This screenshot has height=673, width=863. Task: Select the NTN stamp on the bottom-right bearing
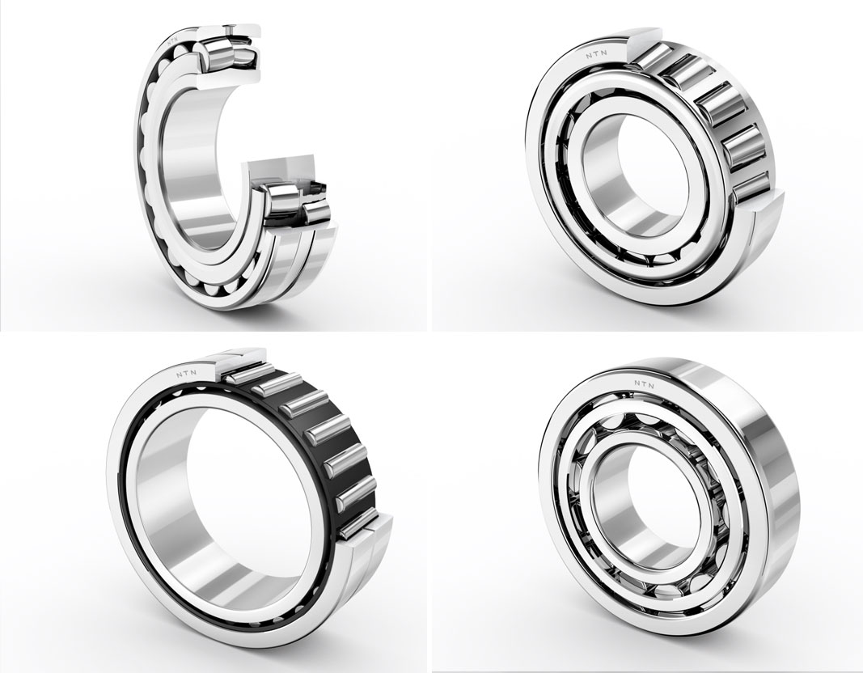(643, 385)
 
